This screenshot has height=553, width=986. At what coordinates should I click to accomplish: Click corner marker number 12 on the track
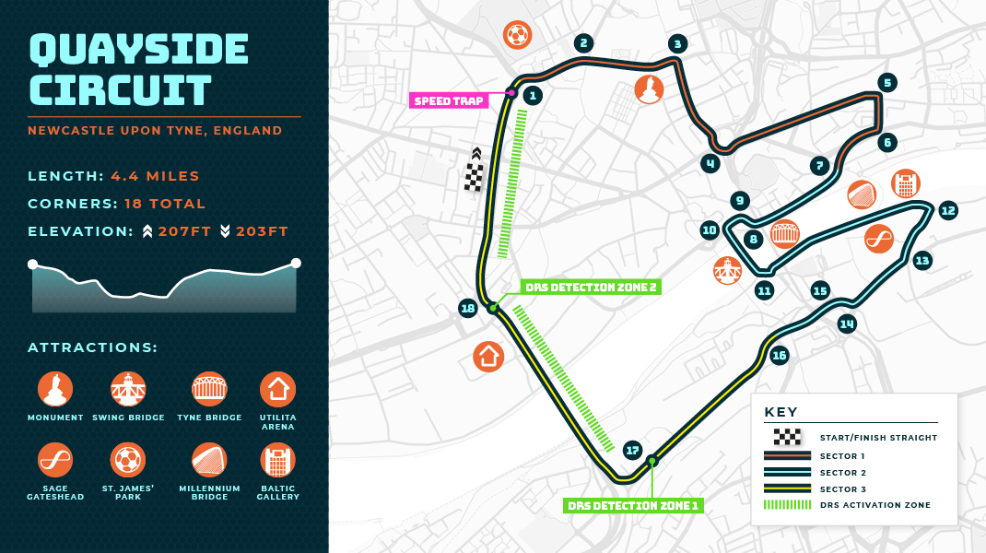[948, 210]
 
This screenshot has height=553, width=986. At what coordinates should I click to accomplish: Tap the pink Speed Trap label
[449, 100]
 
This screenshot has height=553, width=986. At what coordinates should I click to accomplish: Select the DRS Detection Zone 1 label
[633, 505]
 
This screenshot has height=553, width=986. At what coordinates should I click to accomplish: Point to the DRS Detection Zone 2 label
[590, 287]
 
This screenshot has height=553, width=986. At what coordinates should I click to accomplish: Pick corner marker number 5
[887, 83]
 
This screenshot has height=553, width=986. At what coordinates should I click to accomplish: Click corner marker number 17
[631, 450]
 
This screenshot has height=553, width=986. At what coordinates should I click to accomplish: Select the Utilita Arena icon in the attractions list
[276, 389]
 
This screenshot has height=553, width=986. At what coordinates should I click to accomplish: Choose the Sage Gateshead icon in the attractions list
[55, 458]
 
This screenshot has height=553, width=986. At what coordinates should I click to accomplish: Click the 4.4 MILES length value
[155, 176]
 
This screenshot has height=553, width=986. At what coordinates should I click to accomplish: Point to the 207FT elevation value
[185, 231]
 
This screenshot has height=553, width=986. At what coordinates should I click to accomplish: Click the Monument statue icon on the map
[649, 89]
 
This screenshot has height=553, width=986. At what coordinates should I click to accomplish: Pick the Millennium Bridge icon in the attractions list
[208, 458]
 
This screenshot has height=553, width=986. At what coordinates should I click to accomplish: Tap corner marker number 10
[709, 230]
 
